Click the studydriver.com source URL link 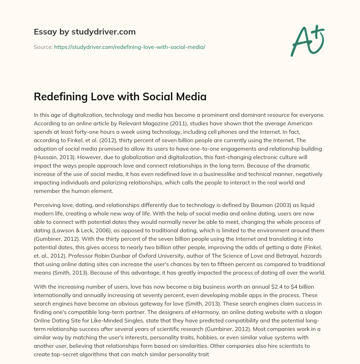129,46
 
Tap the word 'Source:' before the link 43,46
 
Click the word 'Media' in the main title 191,96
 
